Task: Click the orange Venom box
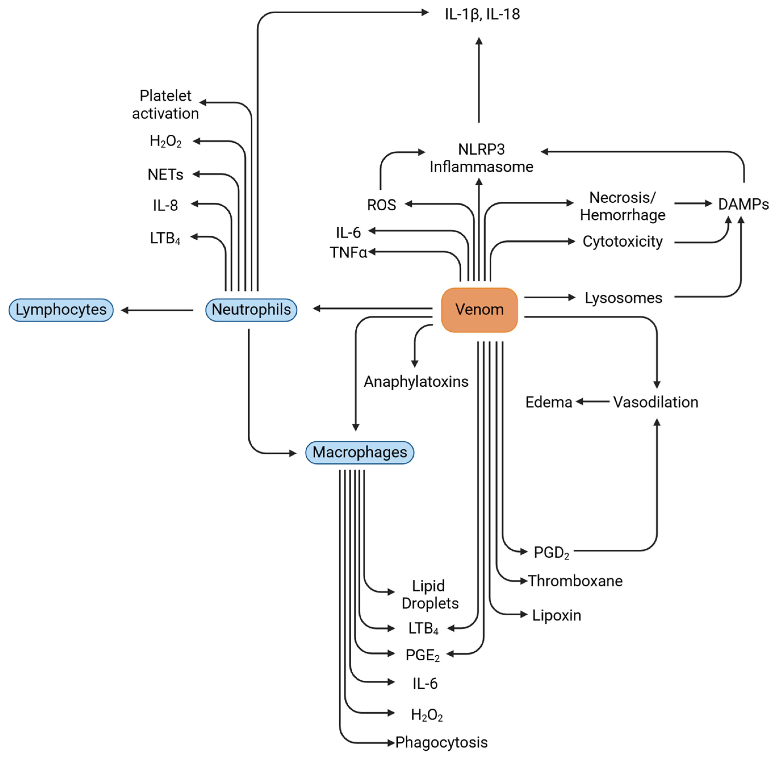pos(479,310)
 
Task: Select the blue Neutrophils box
pos(251,310)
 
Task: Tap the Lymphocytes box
pos(61,310)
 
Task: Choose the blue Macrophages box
pos(360,452)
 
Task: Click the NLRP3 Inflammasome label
pos(481,158)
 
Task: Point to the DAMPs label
pos(743,204)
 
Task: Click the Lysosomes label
pos(623,298)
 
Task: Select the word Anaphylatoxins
pos(416,382)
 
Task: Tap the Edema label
pos(549,402)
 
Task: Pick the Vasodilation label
pos(656,402)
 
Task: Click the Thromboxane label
pos(575,581)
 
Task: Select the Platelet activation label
pos(165,105)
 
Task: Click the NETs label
pos(165,174)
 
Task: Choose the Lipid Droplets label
pos(430,595)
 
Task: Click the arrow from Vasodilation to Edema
pos(593,401)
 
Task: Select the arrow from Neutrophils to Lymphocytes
pos(157,310)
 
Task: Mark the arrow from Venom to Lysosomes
pos(550,297)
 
